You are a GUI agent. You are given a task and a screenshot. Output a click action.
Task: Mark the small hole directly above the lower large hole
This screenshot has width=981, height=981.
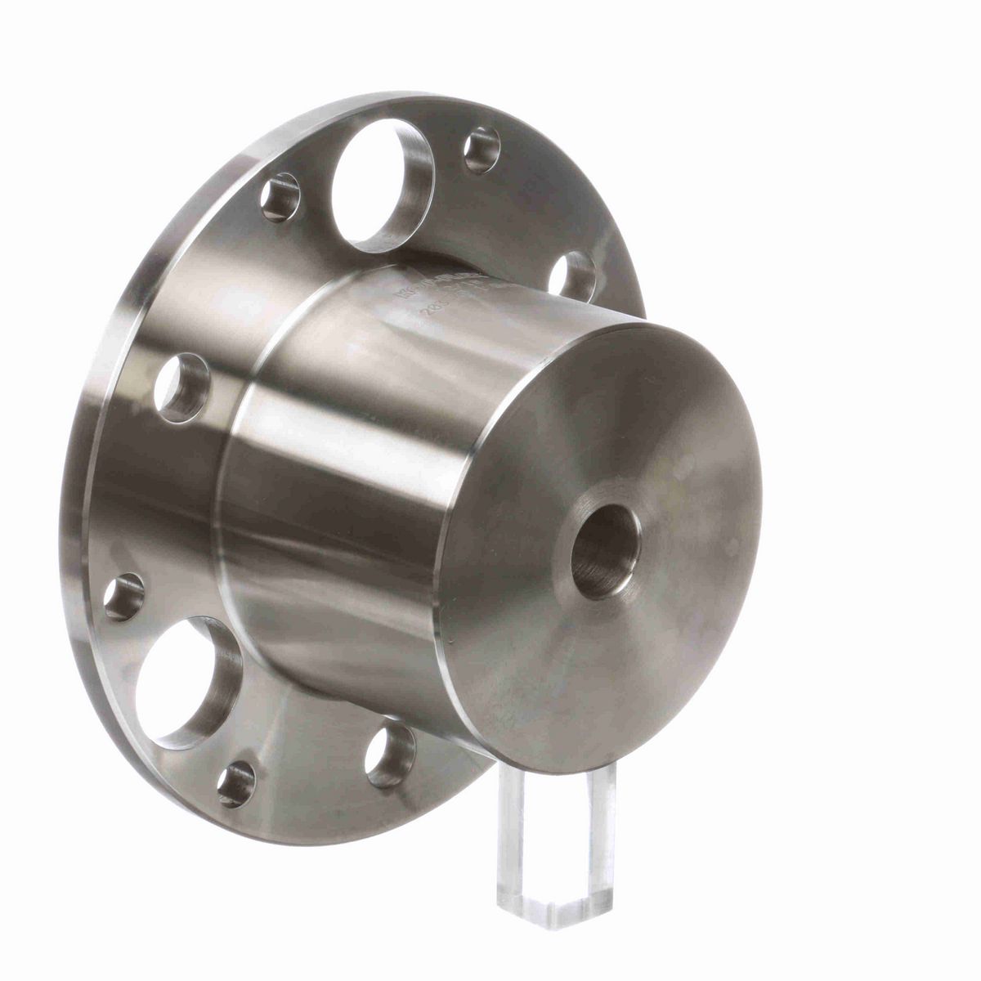124,597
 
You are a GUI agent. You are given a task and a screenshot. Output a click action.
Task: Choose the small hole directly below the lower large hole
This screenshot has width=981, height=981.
237,783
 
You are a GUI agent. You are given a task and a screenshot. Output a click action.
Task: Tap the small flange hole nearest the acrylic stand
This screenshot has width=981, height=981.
389,755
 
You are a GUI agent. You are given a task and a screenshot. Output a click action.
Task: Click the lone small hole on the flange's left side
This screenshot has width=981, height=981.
181,387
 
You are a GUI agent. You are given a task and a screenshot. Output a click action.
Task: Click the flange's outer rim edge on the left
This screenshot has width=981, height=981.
82,507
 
